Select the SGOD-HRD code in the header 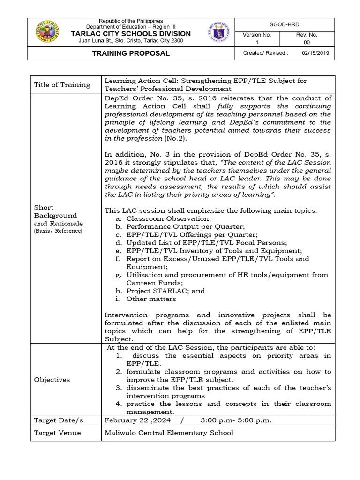(x=285, y=24)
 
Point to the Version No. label (x=256, y=35)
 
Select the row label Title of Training (x=62, y=85)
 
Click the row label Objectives (x=52, y=380)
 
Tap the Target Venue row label (x=57, y=433)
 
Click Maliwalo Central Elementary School (x=169, y=433)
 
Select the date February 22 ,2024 (x=137, y=420)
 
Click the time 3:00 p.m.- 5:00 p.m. (x=236, y=420)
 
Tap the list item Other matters (x=151, y=299)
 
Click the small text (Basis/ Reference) (x=58, y=231)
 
